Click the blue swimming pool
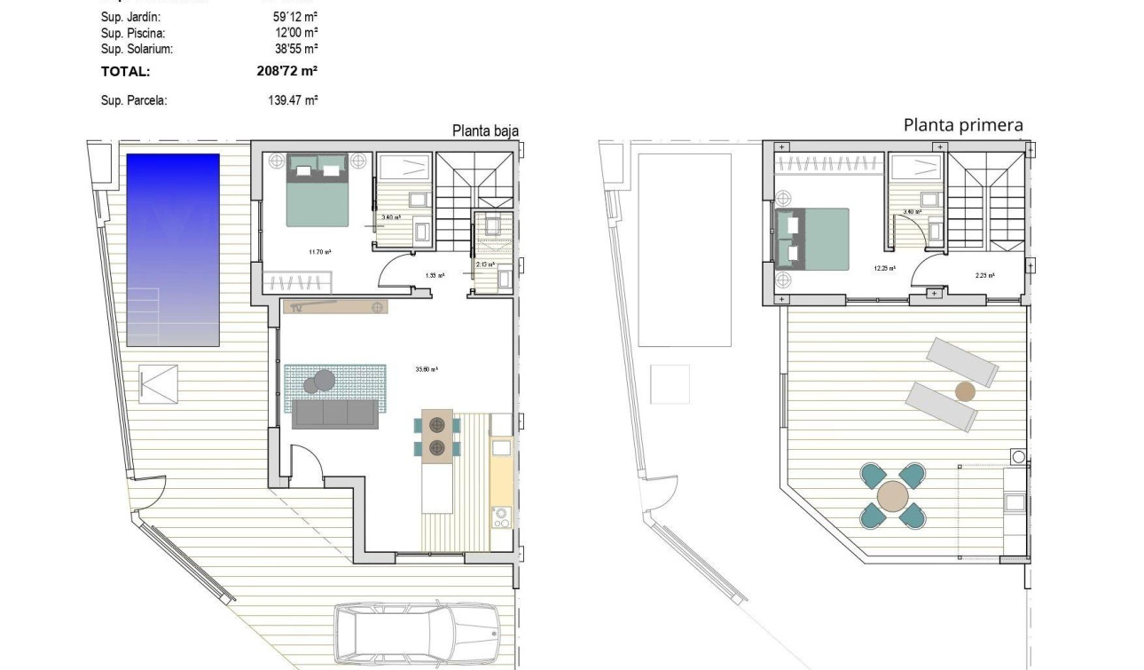click(173, 249)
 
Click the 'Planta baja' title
click(485, 131)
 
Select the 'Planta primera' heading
click(963, 125)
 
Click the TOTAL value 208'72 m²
click(287, 72)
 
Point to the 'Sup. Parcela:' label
click(134, 101)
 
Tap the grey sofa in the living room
click(335, 414)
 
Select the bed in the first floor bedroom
click(811, 238)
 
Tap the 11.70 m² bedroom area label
click(320, 252)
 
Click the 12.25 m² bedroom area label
click(884, 266)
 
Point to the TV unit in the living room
click(335, 307)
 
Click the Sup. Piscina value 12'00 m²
click(295, 33)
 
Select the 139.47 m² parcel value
click(293, 101)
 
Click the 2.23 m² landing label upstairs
click(984, 275)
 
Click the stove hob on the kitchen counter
click(501, 516)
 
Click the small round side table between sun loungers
click(965, 391)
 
